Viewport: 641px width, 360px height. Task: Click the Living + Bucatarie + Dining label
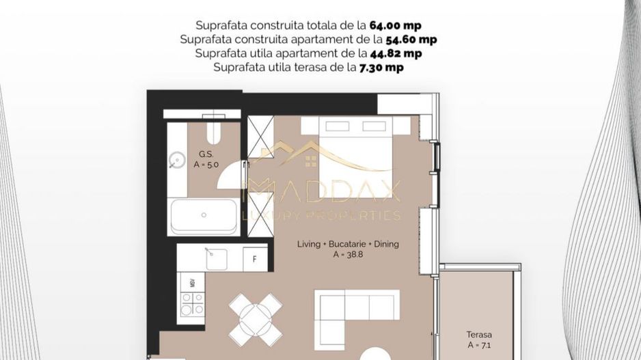[x=348, y=244]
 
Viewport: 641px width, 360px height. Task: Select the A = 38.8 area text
[x=347, y=254]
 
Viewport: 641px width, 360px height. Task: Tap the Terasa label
[x=479, y=335]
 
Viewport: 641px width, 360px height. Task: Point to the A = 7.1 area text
[x=479, y=345]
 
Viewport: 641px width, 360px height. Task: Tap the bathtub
[x=204, y=216]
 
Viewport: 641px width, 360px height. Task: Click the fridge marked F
[x=255, y=259]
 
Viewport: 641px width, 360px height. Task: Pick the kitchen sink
[x=216, y=259]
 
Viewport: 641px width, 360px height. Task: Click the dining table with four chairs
[x=255, y=318]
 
